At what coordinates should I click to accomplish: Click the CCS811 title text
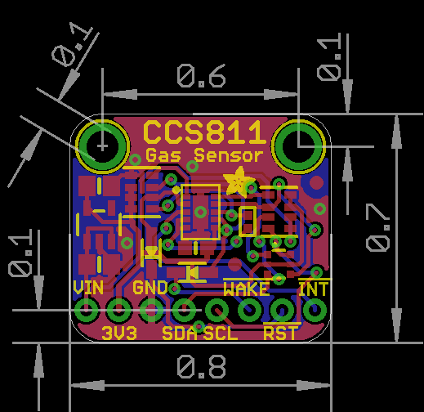pos(204,132)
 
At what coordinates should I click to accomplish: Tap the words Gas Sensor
pos(204,155)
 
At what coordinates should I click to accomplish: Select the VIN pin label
pos(88,288)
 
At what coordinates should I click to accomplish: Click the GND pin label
pos(150,288)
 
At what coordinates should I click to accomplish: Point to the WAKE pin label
pos(247,289)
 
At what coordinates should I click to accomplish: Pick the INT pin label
pos(314,289)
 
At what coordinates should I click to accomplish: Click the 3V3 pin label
pos(119,333)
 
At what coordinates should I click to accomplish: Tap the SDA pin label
pos(179,333)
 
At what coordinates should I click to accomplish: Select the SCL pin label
pos(221,333)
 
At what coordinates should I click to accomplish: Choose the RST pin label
pos(280,333)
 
